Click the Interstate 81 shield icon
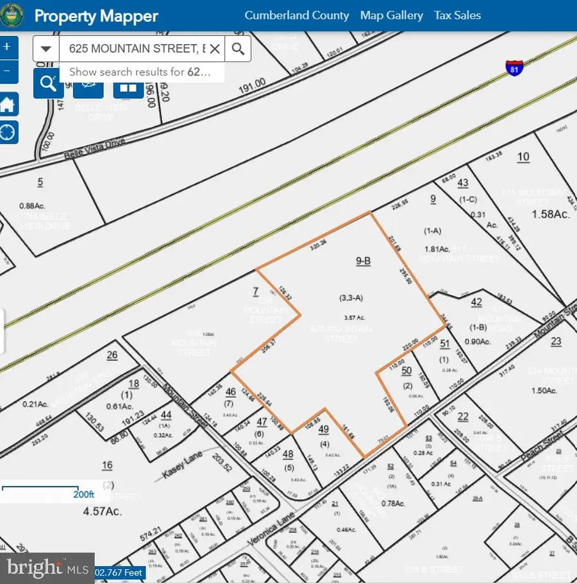514,67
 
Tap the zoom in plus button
7,47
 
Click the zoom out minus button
7,71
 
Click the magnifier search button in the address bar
238,49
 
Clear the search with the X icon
215,49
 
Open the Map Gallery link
391,15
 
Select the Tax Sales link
457,15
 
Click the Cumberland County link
297,15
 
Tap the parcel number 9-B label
364,261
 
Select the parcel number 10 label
523,157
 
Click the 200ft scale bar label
83,495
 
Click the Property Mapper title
96,16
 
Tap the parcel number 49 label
323,429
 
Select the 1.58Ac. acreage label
551,214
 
